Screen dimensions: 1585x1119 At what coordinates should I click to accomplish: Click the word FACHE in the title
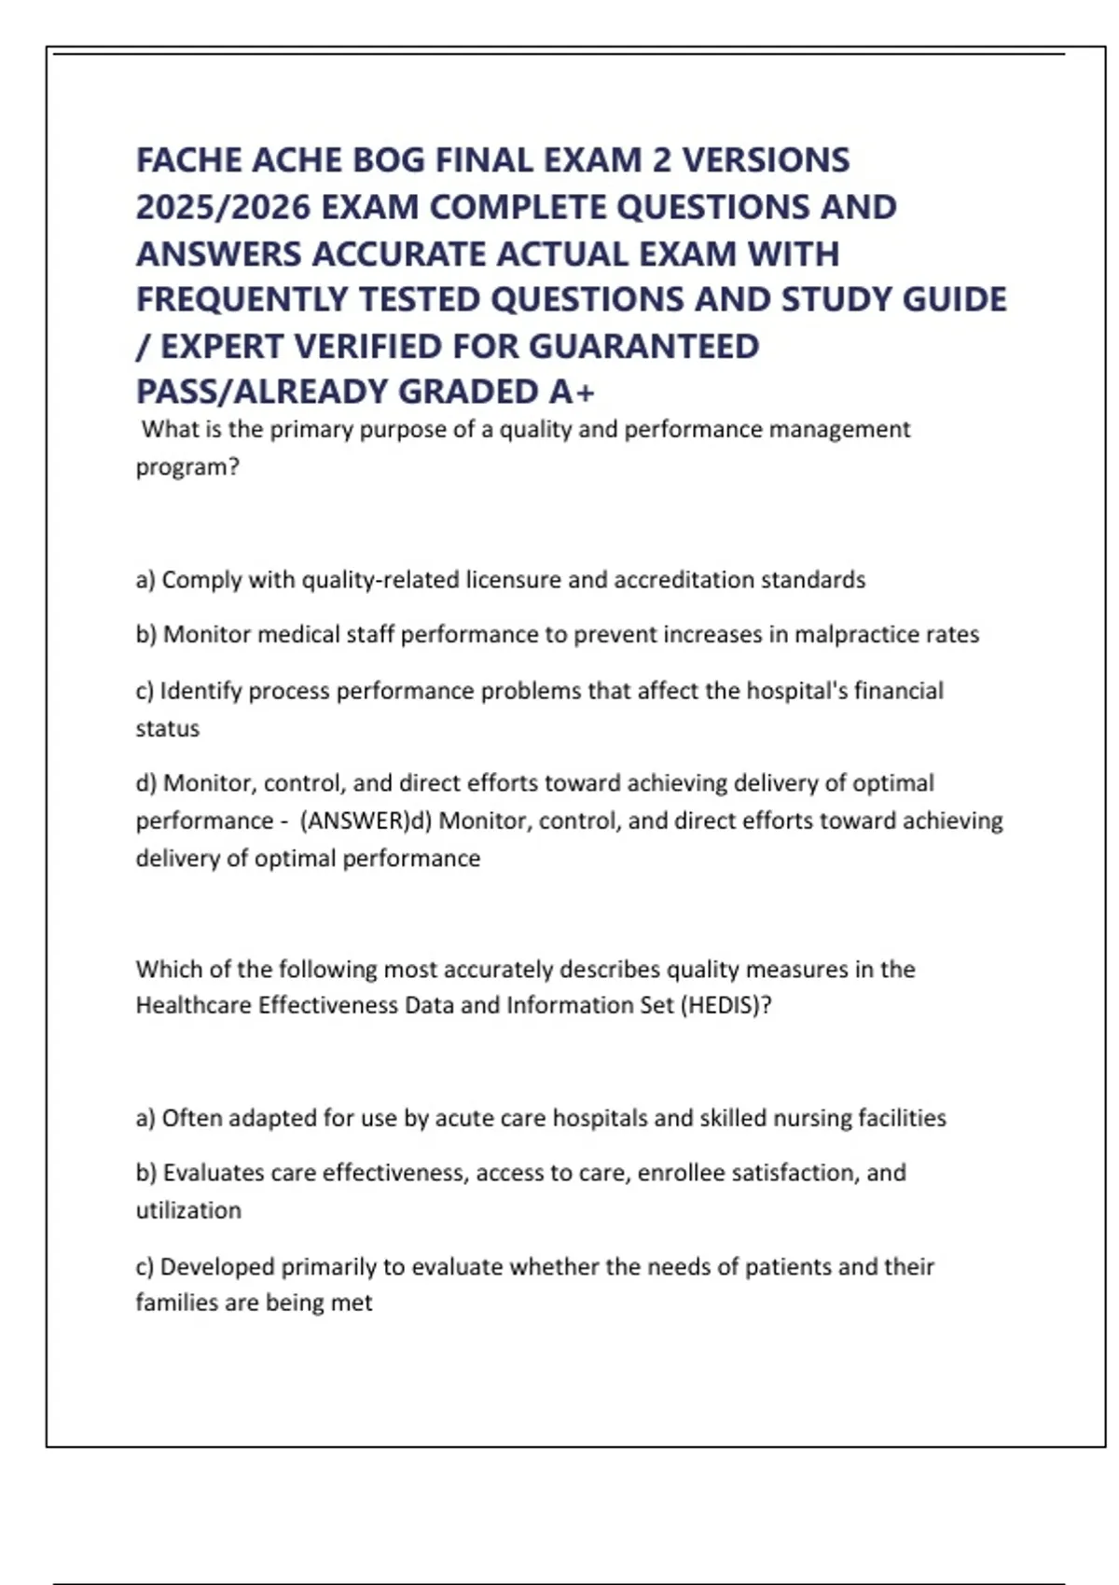[188, 160]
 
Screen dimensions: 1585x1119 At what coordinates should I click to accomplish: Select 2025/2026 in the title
[223, 207]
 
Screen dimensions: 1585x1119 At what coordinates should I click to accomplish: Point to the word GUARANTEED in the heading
[643, 346]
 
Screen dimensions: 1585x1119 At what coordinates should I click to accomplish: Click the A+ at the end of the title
[572, 392]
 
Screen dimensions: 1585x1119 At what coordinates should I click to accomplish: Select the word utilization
[188, 1210]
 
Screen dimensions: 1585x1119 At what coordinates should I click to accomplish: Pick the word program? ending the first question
[187, 467]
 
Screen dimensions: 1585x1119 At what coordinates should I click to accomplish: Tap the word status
[168, 728]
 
